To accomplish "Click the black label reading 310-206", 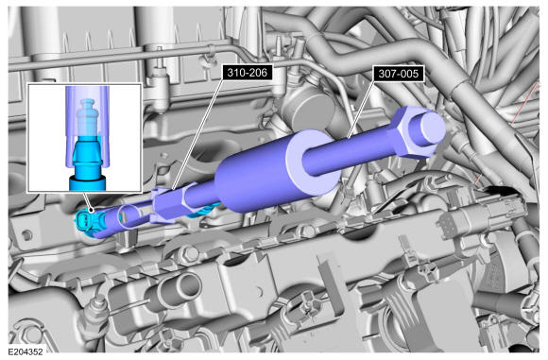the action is pyautogui.click(x=248, y=73).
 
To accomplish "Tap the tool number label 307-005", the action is pyautogui.click(x=399, y=74).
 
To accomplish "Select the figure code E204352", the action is pyautogui.click(x=26, y=351).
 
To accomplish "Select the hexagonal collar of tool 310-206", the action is pyautogui.click(x=168, y=206).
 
